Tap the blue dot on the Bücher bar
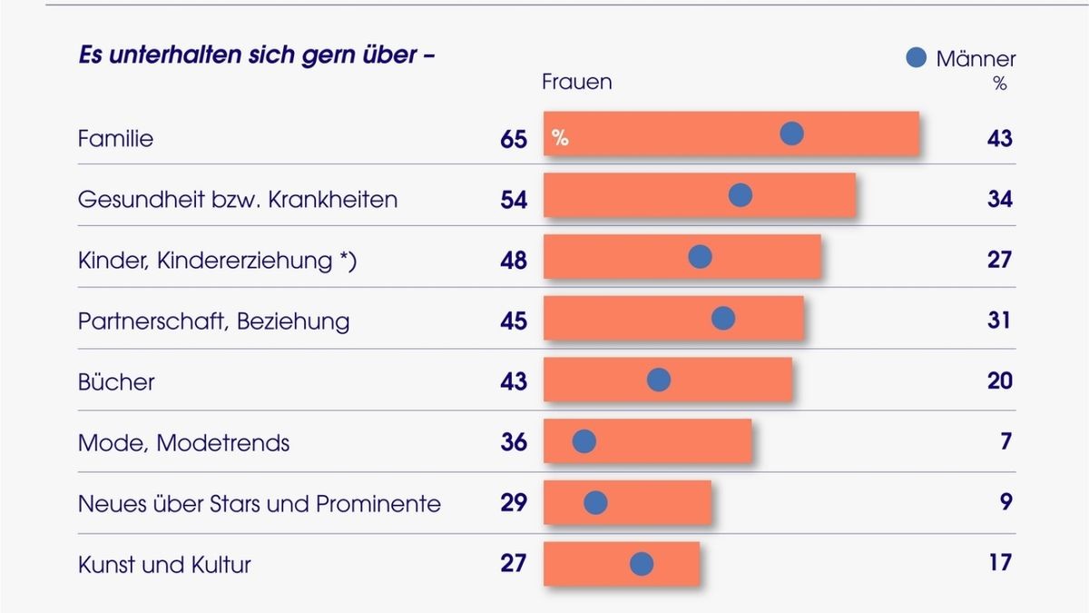coord(659,380)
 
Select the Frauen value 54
coord(514,200)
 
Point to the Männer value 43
coord(999,139)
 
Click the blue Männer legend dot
coord(917,58)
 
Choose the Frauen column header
coord(577,82)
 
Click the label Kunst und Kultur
coord(164,564)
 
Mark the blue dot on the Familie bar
coord(792,134)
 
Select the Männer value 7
coord(1006,442)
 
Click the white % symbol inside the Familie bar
coord(560,139)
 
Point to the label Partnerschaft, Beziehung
coord(213,321)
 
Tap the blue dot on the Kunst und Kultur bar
coord(642,564)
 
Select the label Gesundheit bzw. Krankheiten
coord(238,200)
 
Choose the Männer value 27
coord(999,260)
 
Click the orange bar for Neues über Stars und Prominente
coord(653,502)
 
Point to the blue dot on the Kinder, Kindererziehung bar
coord(700,257)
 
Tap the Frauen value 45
coord(514,321)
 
